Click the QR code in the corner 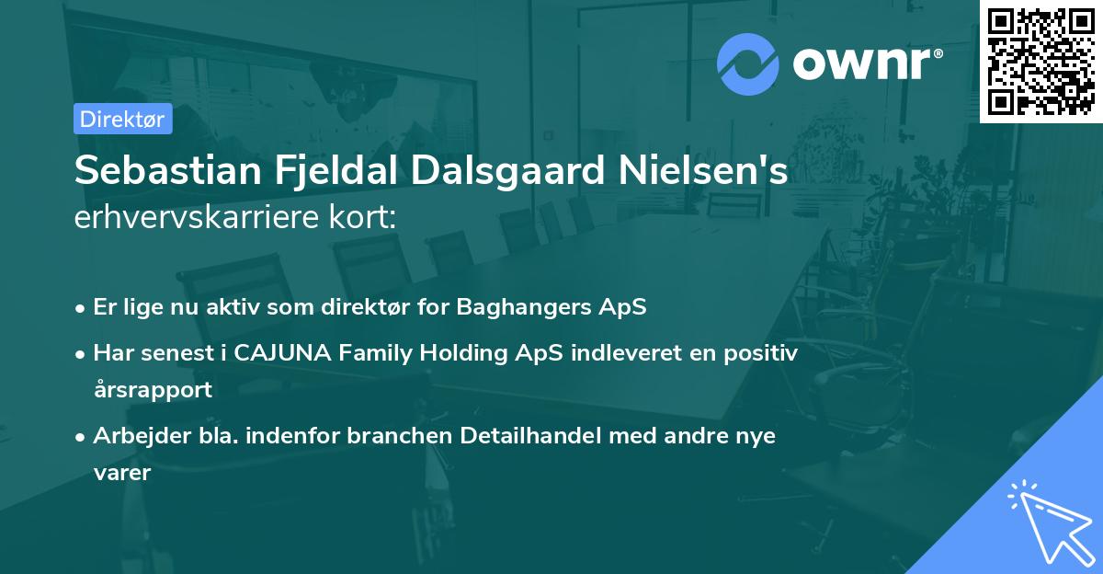pos(1041,62)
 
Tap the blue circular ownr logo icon pos(747,63)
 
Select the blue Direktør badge pos(123,119)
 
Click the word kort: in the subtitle pos(364,218)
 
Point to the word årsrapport pos(153,390)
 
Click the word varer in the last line pos(121,473)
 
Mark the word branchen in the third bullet pos(397,436)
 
